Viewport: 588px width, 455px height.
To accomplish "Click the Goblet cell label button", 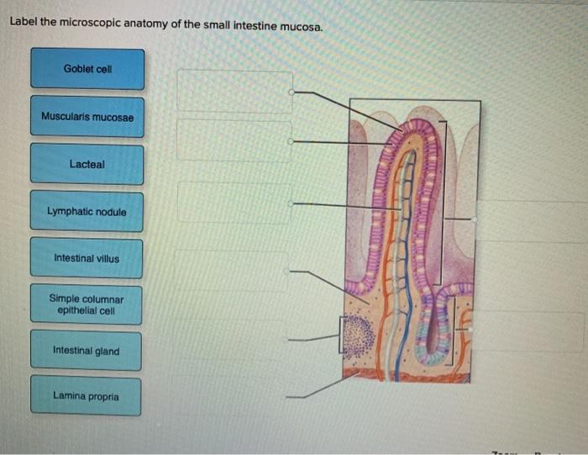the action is [87, 68].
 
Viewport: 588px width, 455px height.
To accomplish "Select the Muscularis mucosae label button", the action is [87, 116].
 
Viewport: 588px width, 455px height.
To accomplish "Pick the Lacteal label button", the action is [87, 164].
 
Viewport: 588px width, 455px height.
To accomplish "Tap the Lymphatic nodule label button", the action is [87, 212].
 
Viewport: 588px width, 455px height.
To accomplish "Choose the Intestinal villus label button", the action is [87, 258].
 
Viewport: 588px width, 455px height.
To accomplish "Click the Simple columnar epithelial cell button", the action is [87, 304].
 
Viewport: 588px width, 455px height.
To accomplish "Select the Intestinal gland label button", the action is [87, 351].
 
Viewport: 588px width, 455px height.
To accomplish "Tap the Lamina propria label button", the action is [87, 395].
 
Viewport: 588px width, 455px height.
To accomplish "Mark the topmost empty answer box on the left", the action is [234, 92].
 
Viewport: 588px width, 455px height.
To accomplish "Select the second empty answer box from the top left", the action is [234, 140].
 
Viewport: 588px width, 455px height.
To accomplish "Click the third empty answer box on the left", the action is [234, 203].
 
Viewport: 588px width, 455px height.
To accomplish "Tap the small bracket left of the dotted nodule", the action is [342, 334].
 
